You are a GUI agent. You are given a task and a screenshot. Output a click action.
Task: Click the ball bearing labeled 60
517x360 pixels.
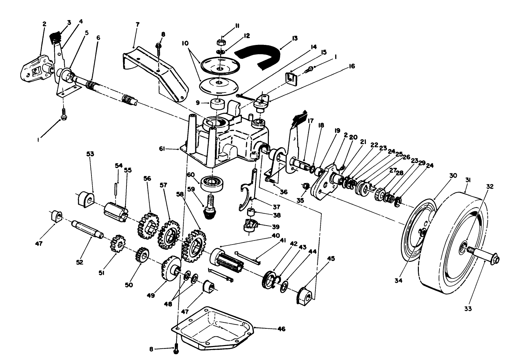coord(213,183)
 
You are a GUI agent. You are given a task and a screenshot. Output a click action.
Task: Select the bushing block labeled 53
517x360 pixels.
coord(86,199)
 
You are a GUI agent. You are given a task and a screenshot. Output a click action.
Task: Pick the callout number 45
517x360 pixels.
coord(313,259)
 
